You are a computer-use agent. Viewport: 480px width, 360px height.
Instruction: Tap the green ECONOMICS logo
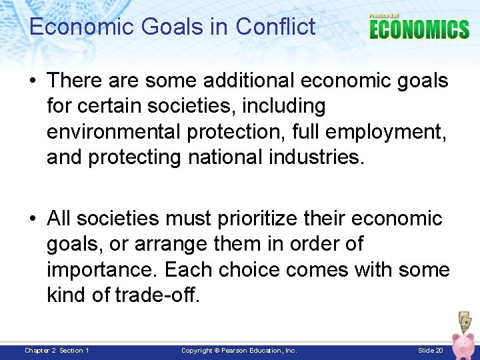[x=419, y=29]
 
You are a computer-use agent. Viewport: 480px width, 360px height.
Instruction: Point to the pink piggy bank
[x=464, y=344]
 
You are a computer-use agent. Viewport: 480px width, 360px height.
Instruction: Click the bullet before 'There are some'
[x=33, y=81]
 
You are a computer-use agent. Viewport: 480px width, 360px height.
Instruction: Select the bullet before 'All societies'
[x=33, y=219]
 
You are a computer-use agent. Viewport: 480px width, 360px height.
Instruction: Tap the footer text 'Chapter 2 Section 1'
[x=57, y=351]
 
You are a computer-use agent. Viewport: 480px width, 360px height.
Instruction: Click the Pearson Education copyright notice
[x=239, y=351]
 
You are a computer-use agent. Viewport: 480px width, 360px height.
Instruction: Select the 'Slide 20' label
[x=431, y=351]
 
